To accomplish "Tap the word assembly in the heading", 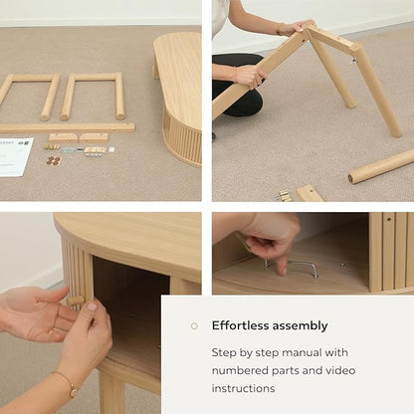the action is (x=301, y=326).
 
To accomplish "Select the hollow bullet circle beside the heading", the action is (x=194, y=326).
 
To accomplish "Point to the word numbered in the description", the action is (x=240, y=370).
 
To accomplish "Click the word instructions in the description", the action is (x=243, y=388).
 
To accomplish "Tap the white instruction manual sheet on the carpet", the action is (x=15, y=156).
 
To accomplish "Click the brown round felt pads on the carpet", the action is (x=54, y=160).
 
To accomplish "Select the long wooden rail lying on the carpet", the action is (x=67, y=127).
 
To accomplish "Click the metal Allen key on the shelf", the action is (x=292, y=266).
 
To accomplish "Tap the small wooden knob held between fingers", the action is (x=76, y=301).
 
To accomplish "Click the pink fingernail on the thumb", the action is (x=92, y=307).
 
